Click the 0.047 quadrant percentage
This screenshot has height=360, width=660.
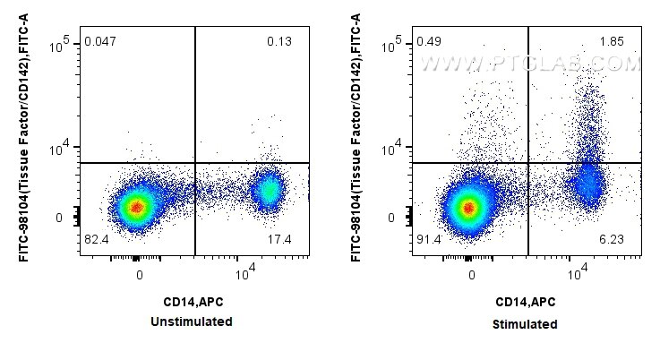(99, 41)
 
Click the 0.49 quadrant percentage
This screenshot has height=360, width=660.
(429, 41)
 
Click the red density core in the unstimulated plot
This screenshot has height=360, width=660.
(135, 208)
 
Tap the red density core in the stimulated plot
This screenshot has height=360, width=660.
(467, 209)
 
